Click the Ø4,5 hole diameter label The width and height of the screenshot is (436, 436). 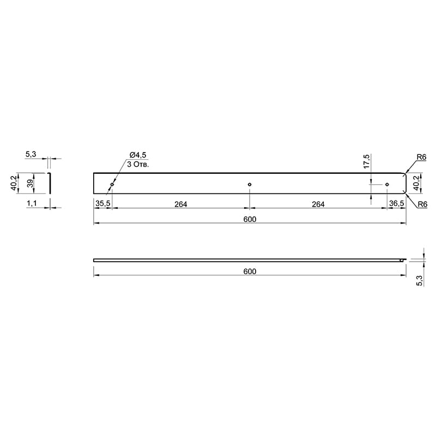pos(138,155)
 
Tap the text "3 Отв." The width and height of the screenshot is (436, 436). pos(138,165)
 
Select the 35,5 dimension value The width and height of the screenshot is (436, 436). pos(103,203)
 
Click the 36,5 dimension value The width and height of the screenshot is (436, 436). pos(397,203)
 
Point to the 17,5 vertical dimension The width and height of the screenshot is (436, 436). pos(366,161)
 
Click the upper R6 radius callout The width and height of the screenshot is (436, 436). pos(421,157)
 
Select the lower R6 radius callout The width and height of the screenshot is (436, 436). pos(422,204)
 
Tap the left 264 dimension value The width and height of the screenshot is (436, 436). pos(181,204)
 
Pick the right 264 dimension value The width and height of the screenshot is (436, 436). pos(318,204)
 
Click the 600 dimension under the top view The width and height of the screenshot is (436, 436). pos(250,220)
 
